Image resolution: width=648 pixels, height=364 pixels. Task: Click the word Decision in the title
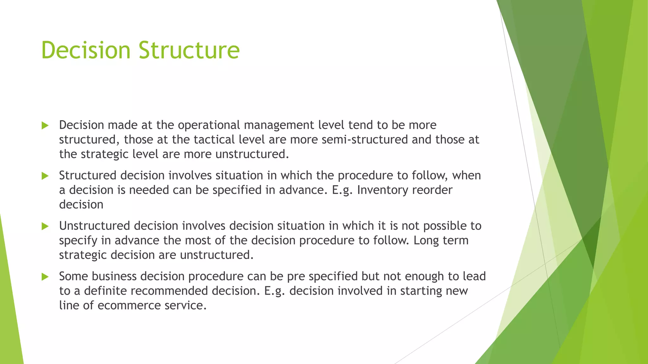point(86,50)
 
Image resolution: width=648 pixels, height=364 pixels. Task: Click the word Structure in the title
point(189,50)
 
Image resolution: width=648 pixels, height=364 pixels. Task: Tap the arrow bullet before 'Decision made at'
point(45,125)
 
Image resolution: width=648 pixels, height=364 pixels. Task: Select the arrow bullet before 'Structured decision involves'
point(45,176)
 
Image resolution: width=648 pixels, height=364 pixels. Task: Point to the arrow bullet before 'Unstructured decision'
point(45,226)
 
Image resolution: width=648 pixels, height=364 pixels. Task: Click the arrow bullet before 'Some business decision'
point(45,277)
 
